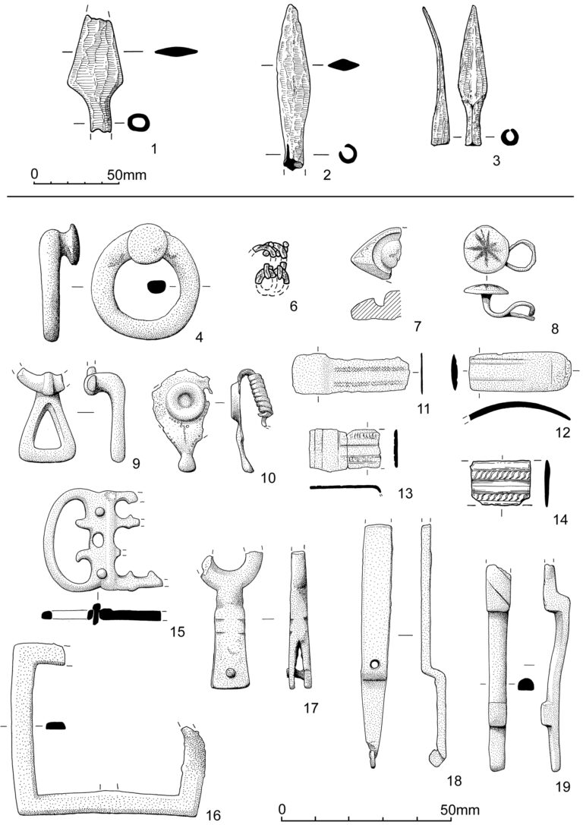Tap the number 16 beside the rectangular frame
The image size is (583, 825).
213,814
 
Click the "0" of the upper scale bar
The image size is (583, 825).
34,174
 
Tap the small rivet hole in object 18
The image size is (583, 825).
372,664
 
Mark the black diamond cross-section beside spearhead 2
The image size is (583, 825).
344,65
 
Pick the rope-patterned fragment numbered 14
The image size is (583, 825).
500,481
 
